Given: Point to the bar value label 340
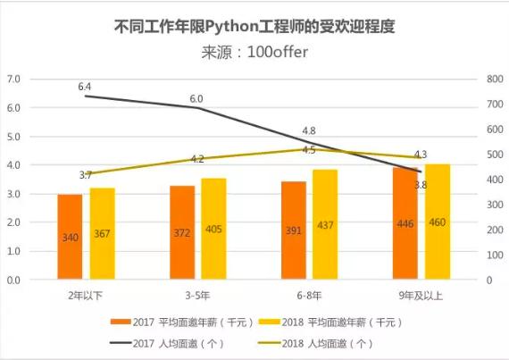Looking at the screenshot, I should click(x=70, y=239).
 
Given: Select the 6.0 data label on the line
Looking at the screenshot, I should click(x=196, y=98).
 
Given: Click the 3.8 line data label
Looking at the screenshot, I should click(x=420, y=185).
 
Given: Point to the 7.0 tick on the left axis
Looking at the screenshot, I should click(x=13, y=80).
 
